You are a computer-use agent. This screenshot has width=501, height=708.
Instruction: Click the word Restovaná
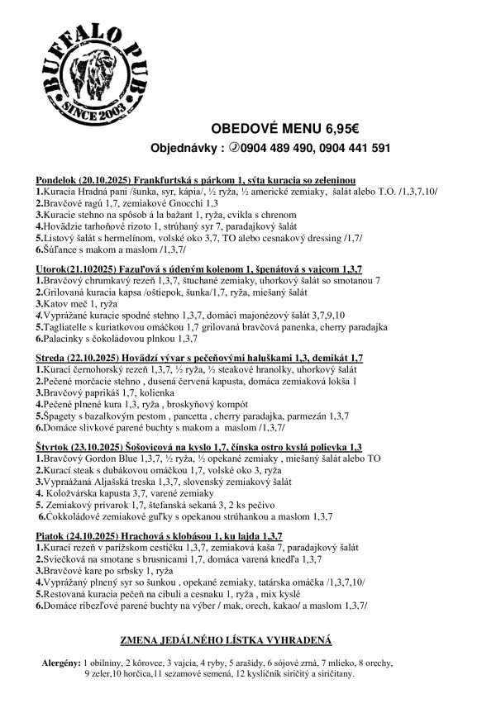click(x=70, y=593)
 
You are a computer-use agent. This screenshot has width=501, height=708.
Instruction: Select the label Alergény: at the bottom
click(x=60, y=663)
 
